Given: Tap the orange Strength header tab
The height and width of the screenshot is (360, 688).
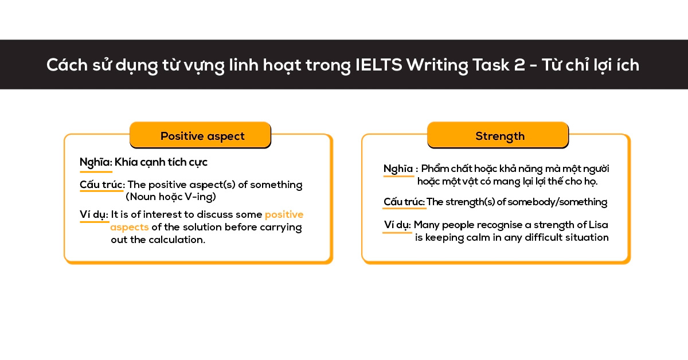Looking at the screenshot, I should point(498,136).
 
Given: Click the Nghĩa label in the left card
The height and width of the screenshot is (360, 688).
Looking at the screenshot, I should point(95,162).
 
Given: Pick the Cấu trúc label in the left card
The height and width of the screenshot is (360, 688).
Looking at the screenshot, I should point(102,185).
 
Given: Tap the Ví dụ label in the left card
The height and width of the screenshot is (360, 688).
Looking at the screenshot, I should point(93,214).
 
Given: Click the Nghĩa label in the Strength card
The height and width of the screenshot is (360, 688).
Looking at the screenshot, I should point(398,169).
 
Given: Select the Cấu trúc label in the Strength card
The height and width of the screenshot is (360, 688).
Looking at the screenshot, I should point(404,202).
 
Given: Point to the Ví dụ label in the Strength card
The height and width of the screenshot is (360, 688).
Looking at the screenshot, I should point(397,225).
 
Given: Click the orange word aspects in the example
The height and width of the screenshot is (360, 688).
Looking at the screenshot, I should point(130,227).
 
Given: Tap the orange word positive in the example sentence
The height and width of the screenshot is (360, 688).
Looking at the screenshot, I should point(284,214).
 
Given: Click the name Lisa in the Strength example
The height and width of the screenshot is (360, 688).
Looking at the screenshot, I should point(598,225).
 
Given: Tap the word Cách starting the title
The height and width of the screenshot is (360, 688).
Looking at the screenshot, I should point(64,65).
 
